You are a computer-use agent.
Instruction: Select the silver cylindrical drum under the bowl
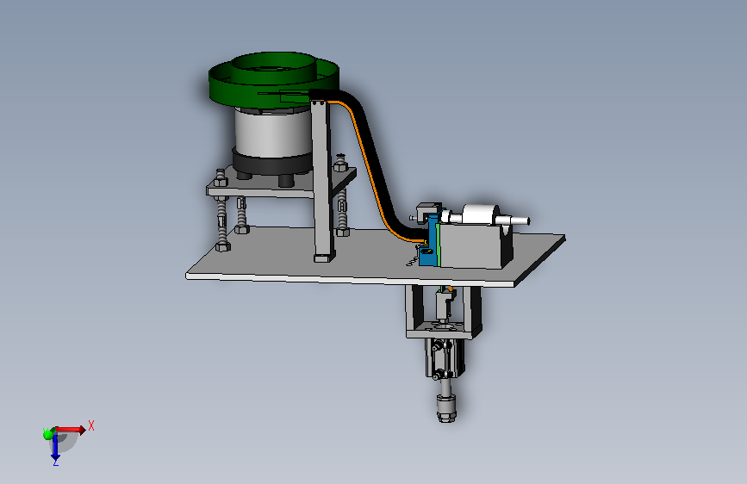[x=271, y=133]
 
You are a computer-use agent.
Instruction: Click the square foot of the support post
[x=324, y=258]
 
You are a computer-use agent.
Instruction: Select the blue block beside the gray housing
[x=431, y=240]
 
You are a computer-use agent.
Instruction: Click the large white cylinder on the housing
[x=480, y=215]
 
